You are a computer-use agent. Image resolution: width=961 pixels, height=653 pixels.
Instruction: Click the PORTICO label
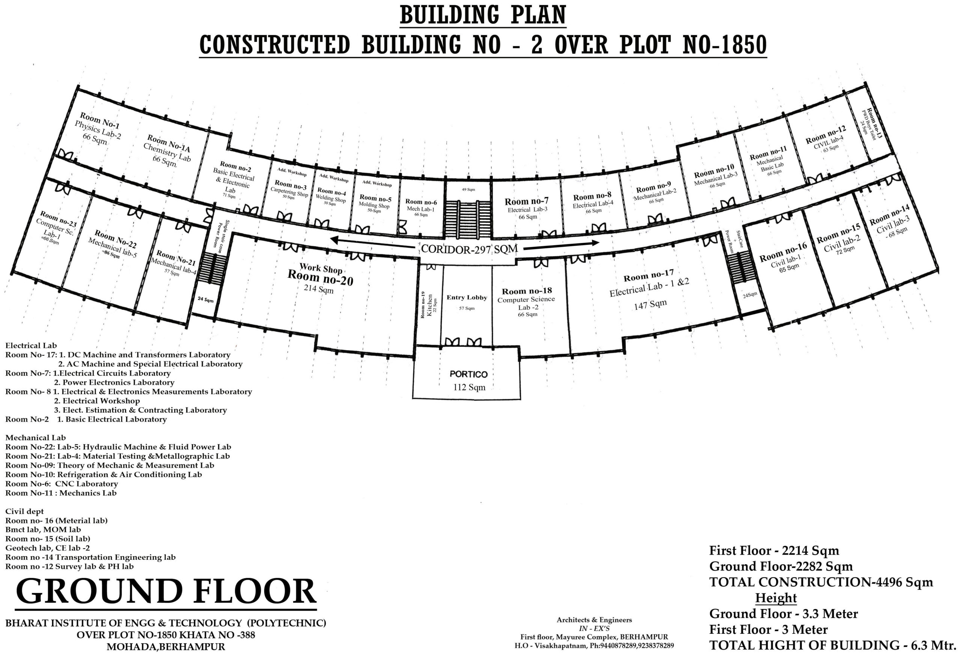[468, 374]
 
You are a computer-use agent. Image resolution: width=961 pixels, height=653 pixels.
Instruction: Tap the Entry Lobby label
[467, 298]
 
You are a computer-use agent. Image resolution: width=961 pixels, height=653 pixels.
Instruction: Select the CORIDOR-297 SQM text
[469, 249]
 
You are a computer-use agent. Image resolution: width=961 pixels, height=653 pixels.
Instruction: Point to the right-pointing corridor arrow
[561, 245]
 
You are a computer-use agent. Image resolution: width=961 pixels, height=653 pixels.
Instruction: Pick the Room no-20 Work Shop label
[321, 275]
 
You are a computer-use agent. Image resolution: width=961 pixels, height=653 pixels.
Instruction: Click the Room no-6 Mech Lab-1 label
[421, 207]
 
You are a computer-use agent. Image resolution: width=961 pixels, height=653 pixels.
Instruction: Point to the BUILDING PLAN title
[483, 16]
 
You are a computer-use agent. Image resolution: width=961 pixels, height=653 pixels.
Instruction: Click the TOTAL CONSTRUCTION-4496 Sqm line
[821, 582]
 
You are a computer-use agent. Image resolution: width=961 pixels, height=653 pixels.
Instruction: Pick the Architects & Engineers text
[594, 620]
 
